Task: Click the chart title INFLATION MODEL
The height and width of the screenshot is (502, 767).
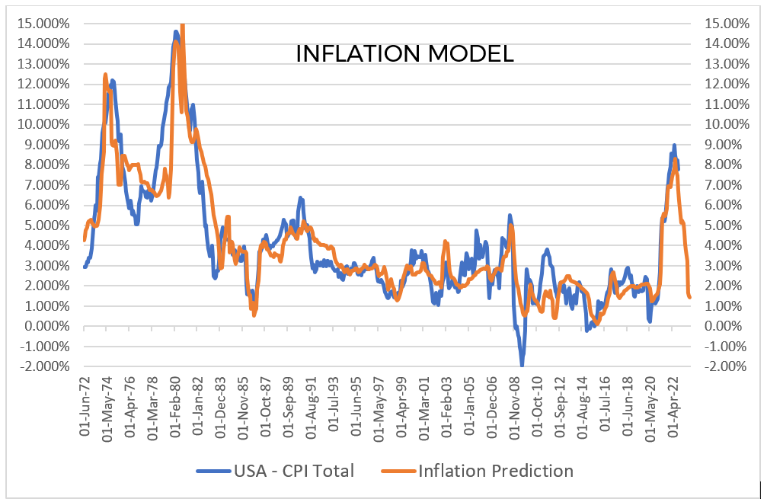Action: pyautogui.click(x=404, y=54)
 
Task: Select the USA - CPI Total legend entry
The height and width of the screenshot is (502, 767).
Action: pyautogui.click(x=275, y=471)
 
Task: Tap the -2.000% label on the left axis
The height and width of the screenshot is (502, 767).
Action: pyautogui.click(x=44, y=366)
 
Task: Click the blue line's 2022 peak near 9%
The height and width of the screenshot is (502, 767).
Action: pyautogui.click(x=674, y=145)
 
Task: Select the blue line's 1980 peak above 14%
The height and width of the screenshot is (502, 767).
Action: pyautogui.click(x=176, y=32)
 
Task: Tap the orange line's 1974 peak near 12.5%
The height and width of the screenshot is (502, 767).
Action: pyautogui.click(x=105, y=75)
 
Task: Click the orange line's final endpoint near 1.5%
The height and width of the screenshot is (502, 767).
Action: pyautogui.click(x=690, y=297)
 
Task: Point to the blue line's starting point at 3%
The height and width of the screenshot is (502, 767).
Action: pyautogui.click(x=85, y=266)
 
